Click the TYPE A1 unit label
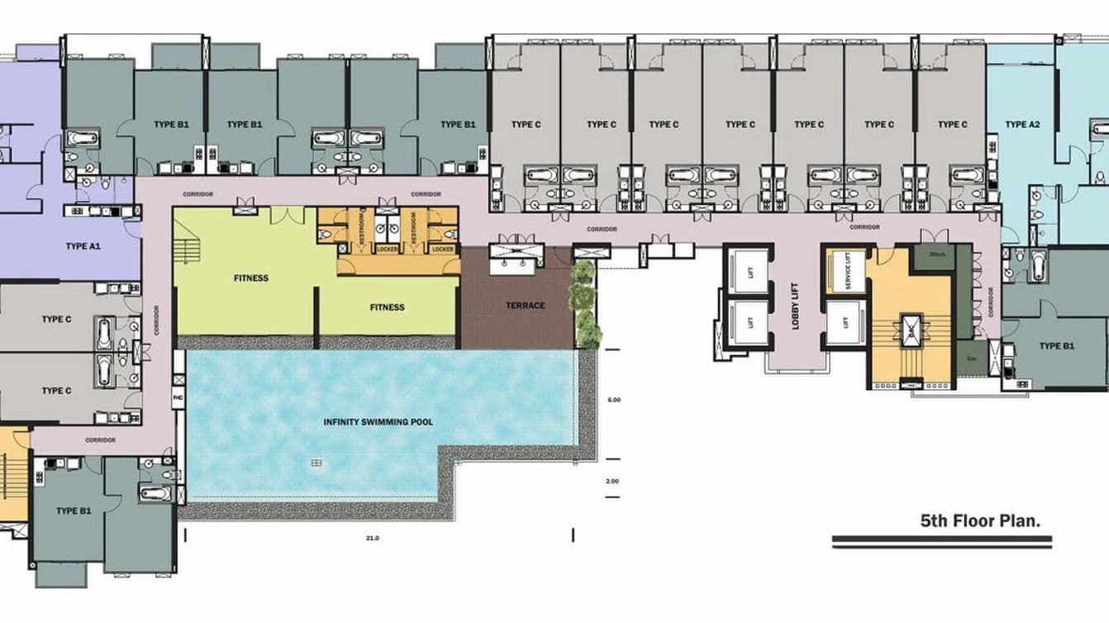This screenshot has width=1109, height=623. tap(83, 245)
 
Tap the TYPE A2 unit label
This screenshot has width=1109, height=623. tap(1021, 125)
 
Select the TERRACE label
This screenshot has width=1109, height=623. tap(526, 306)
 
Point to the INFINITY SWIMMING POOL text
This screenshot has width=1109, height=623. tap(378, 422)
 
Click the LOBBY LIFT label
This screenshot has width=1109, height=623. tap(796, 307)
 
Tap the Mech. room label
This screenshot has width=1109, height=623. tap(936, 254)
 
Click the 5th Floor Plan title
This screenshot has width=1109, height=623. tap(980, 521)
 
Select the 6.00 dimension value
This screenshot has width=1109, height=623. tap(613, 400)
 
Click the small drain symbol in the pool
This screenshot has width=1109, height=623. tap(317, 463)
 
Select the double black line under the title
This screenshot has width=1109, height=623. tap(941, 542)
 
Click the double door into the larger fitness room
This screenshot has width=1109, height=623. tap(288, 216)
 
